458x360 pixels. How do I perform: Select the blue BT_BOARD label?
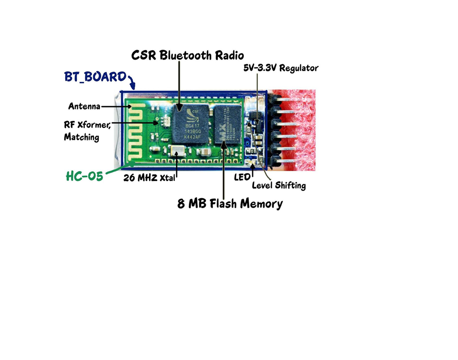(96, 76)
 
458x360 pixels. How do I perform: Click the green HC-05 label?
(84, 176)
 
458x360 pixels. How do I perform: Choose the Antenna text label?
(84, 106)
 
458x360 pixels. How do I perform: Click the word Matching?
(82, 137)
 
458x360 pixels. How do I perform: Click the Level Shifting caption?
(278, 186)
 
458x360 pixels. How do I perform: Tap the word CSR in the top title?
(143, 55)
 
